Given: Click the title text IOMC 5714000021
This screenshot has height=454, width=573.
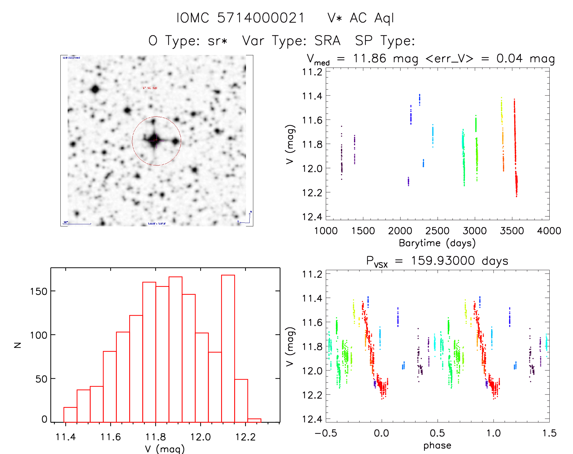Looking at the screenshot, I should (240, 18).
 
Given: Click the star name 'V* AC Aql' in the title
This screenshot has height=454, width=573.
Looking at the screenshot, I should (361, 18).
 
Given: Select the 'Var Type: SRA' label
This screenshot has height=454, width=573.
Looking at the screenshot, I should (291, 41).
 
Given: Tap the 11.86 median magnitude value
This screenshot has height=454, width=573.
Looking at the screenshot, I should (369, 58).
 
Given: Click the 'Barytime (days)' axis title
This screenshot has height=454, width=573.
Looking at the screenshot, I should (437, 243).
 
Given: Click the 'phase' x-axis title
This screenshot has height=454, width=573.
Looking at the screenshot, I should (437, 445).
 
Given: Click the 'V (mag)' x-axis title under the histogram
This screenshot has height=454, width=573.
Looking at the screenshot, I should (165, 449).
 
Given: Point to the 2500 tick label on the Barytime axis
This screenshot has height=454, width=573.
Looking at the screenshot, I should (437, 231).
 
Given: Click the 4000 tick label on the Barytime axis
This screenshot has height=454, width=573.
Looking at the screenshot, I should (549, 231).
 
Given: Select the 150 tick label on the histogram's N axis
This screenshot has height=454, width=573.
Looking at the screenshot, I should (39, 291).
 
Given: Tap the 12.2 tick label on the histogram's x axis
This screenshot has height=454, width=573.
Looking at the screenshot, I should (245, 437).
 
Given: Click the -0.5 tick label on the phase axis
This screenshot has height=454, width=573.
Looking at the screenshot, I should (326, 433).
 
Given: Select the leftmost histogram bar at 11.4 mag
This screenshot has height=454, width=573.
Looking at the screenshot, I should (70, 415).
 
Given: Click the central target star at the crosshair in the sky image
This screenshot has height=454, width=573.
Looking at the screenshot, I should (155, 140).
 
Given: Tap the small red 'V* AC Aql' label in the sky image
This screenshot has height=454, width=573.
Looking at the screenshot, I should (150, 88).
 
